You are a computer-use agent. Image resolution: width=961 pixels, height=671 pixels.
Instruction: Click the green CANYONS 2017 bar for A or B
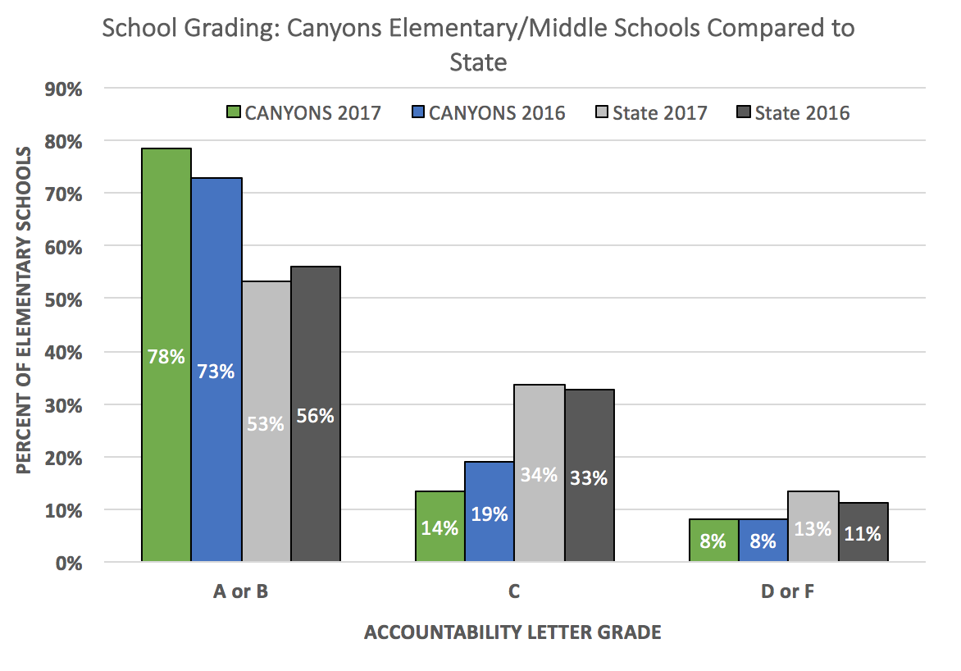pos(166,246)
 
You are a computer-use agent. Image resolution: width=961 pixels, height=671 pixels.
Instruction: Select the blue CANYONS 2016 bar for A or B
pos(216,271)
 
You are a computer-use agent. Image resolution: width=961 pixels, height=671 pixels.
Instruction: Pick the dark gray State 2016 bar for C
pos(590,435)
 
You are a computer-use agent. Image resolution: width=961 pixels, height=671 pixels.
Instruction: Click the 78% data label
pos(166,357)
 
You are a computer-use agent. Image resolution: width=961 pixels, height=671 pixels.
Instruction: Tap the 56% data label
pos(316,416)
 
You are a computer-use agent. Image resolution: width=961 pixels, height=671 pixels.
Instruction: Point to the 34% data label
pos(540,474)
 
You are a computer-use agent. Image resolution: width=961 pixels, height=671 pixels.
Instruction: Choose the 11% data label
pos(863,534)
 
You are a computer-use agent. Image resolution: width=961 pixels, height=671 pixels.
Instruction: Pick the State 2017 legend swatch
pos(599,112)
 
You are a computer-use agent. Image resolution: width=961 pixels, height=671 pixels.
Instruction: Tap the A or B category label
pos(240,591)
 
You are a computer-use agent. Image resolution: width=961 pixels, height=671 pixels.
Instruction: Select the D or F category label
pos(788,591)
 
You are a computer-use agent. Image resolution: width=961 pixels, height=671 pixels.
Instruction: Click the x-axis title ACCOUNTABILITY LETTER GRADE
pos(512,632)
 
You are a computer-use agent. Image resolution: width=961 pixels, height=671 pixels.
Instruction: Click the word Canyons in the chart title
pos(312,29)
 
